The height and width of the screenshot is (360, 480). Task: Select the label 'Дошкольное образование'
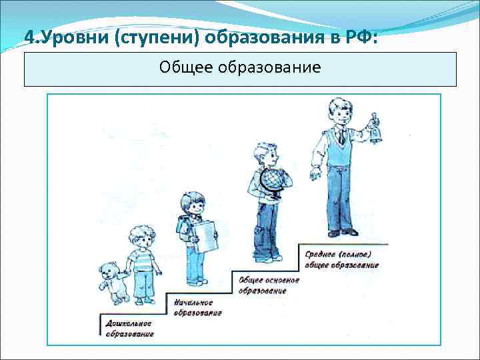coord(129,328)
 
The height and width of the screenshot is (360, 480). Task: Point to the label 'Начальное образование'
coord(197,307)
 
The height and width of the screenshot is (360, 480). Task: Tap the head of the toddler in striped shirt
coord(139,237)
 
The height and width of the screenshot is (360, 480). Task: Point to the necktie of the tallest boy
coord(341,137)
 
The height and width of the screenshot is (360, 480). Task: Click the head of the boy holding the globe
coord(266,154)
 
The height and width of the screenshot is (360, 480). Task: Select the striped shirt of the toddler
coord(141,260)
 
